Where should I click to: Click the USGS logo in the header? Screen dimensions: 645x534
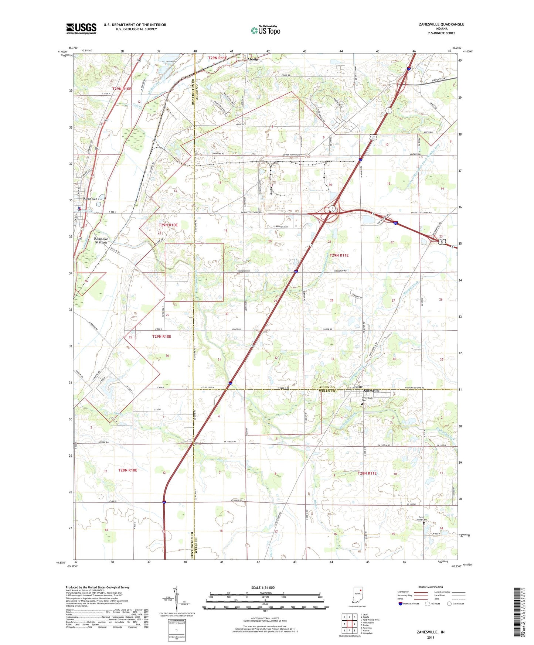tap(81, 28)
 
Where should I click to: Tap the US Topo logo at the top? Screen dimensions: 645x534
tap(265, 30)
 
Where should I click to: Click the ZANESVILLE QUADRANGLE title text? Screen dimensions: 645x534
tap(441, 24)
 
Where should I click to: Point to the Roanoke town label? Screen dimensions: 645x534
tap(90, 199)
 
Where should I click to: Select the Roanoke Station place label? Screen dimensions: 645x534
tap(101, 240)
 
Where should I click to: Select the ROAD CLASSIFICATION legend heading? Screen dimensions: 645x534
tap(431, 587)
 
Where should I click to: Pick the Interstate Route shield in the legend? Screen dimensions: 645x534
tap(401, 604)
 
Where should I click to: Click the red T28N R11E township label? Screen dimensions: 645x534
tap(367, 473)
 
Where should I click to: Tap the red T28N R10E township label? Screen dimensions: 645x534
tap(128, 470)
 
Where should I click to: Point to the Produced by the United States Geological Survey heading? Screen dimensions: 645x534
tap(98, 587)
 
